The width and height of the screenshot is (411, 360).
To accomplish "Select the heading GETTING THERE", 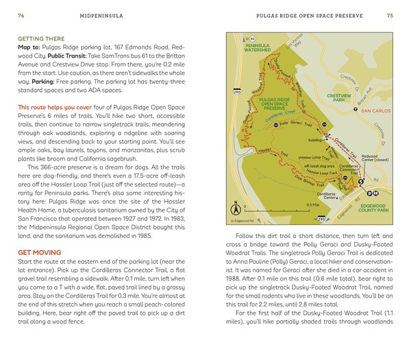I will click(40, 39).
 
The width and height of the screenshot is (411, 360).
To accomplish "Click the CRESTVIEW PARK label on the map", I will click(338, 98).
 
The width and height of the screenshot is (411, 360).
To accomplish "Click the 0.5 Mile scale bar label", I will click(314, 204).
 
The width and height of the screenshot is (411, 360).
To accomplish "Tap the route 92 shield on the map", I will click(252, 39).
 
